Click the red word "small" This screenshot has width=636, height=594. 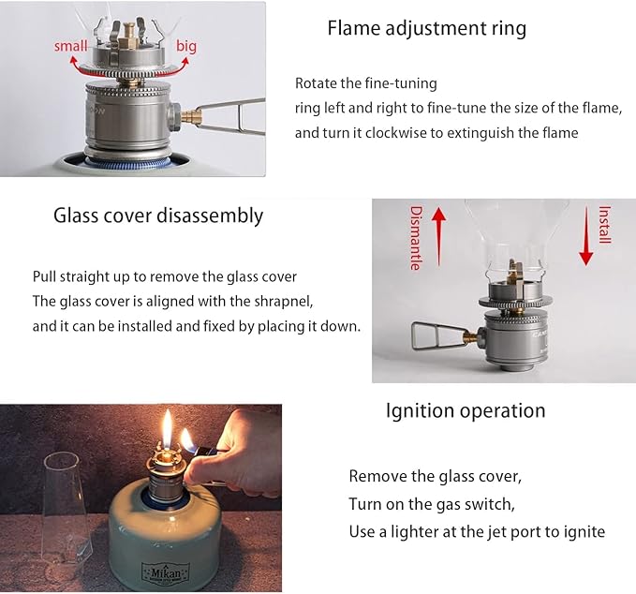(x=70, y=46)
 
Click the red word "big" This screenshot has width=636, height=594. (x=186, y=46)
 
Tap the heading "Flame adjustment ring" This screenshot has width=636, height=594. (x=427, y=28)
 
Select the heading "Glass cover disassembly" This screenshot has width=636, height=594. (x=158, y=215)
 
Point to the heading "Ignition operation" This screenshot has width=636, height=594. (x=466, y=410)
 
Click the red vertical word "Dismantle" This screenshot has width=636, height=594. (x=415, y=238)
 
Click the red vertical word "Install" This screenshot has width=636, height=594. (x=605, y=225)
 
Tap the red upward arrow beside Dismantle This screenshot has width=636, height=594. (x=439, y=236)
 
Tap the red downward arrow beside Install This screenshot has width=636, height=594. (x=586, y=236)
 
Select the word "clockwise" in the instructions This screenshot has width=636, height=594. (x=394, y=133)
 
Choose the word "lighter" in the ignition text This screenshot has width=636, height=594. (x=415, y=532)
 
